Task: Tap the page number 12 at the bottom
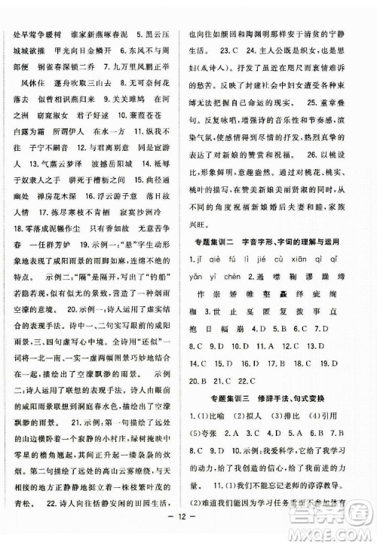[x=188, y=526]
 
